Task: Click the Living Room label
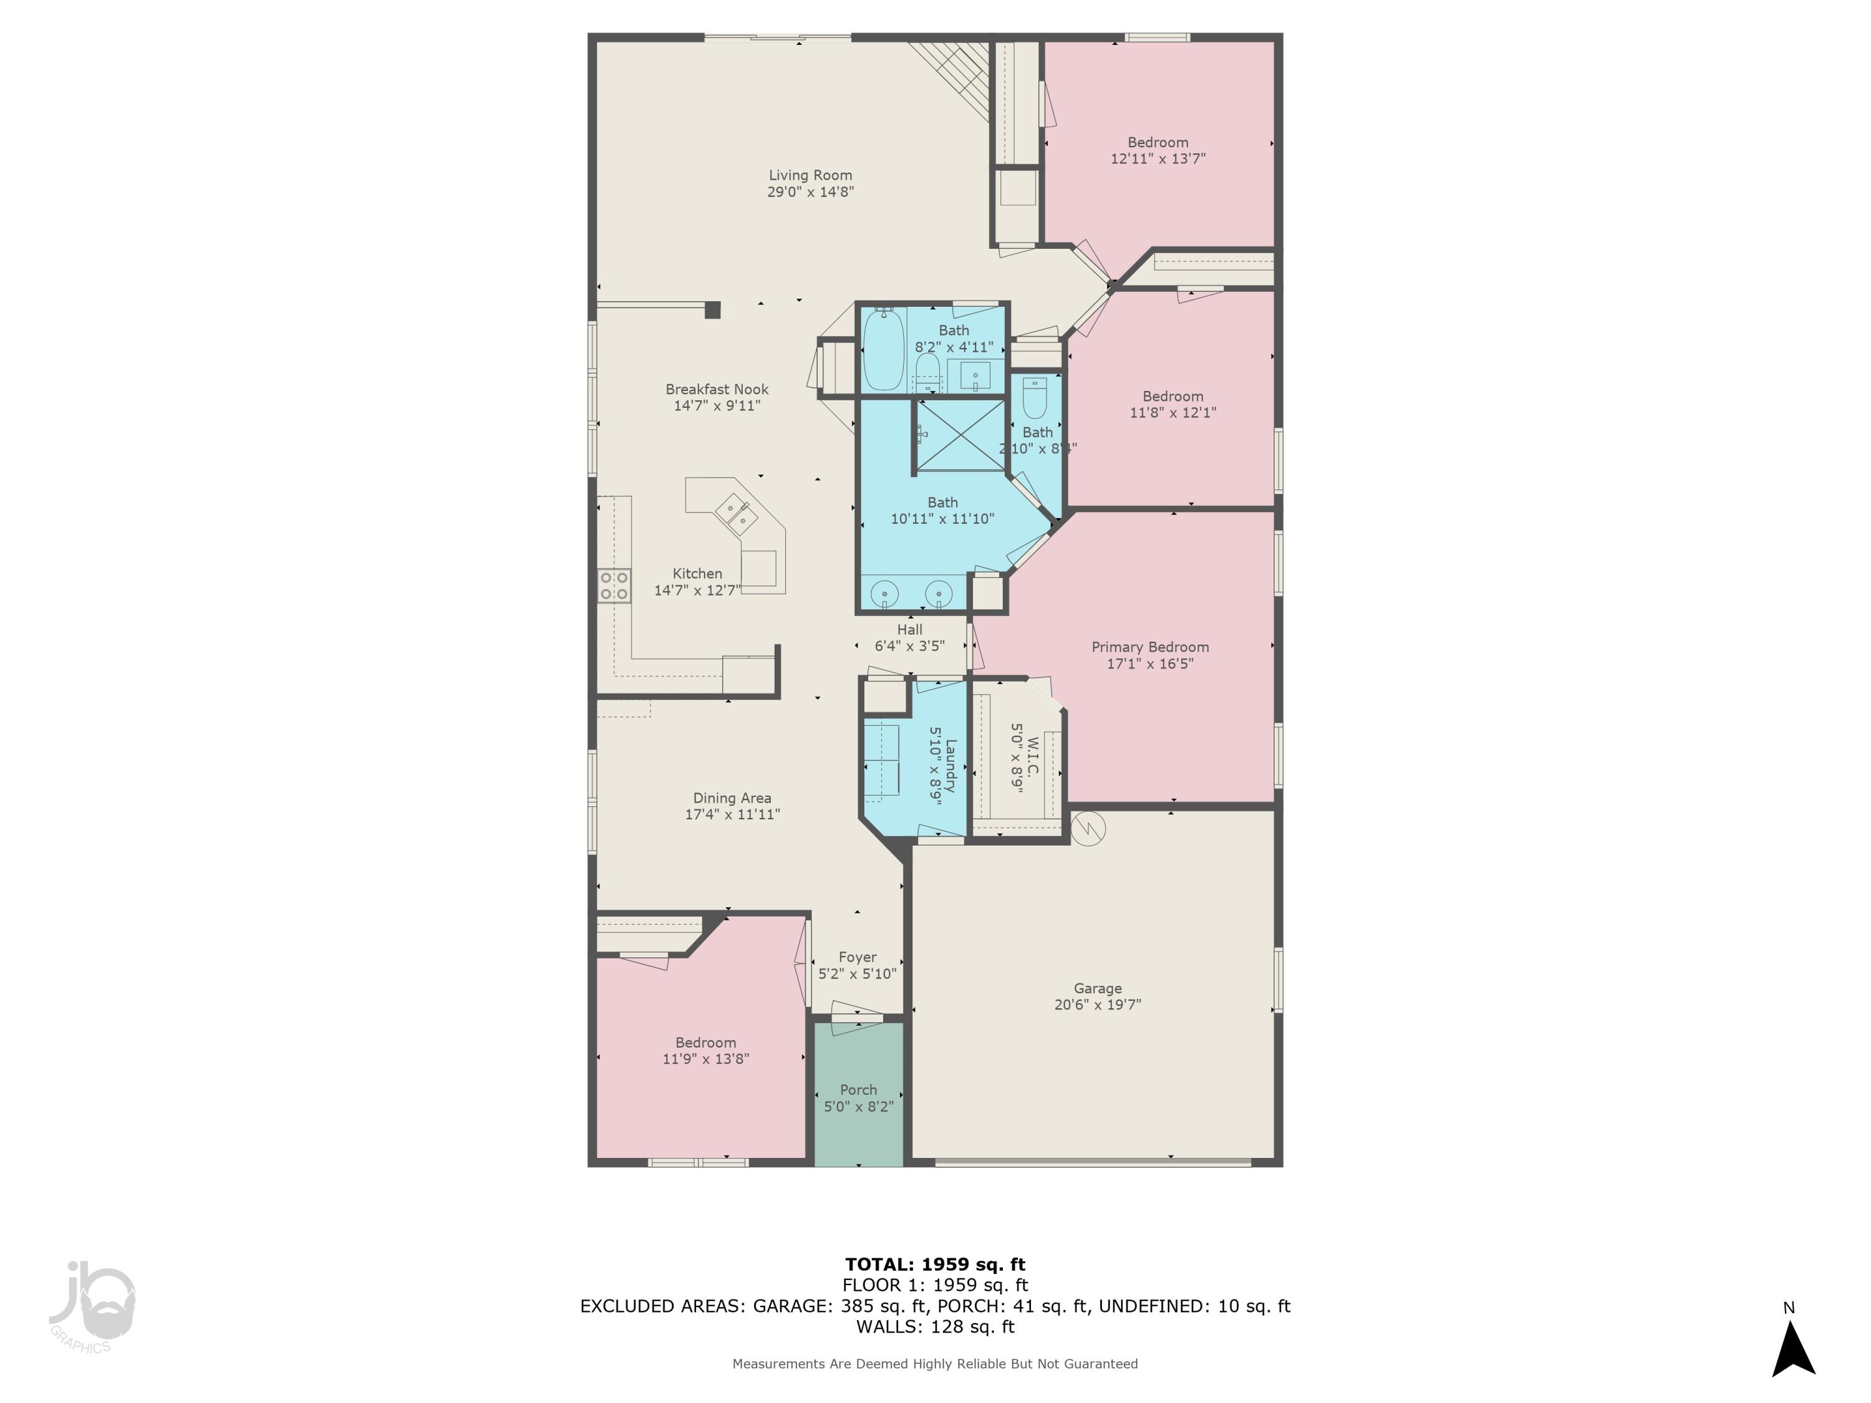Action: click(810, 175)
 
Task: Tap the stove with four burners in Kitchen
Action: click(614, 586)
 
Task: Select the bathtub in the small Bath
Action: click(883, 349)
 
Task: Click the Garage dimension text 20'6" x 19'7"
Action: click(1097, 1005)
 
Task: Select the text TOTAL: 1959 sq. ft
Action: click(935, 1265)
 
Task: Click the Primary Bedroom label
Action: click(1149, 647)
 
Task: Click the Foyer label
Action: click(857, 957)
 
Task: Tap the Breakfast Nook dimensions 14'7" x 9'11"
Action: click(717, 406)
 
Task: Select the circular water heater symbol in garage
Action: click(1088, 829)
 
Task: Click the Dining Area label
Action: click(732, 798)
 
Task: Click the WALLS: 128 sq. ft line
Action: click(935, 1327)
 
